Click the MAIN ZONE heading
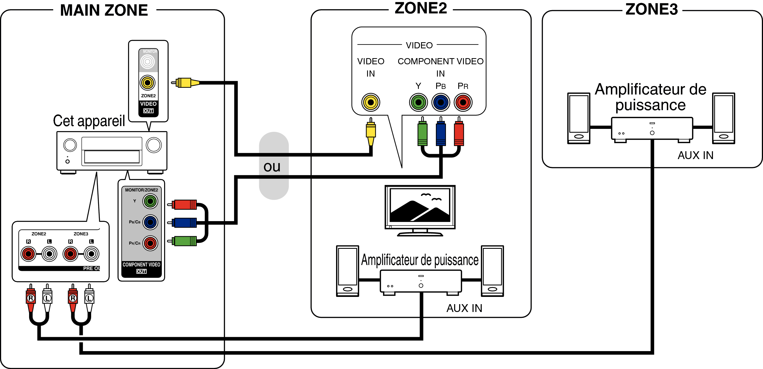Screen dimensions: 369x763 [x=104, y=10]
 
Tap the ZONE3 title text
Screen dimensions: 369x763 [x=651, y=9]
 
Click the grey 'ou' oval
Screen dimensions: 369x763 [x=273, y=166]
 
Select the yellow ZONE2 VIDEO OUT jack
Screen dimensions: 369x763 [x=148, y=83]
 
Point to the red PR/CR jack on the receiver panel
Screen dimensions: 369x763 [x=150, y=243]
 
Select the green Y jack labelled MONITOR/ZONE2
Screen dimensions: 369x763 [x=150, y=201]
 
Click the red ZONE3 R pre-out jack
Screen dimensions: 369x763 [x=70, y=254]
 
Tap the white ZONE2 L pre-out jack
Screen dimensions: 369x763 [x=49, y=254]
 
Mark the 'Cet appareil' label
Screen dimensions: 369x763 [x=89, y=121]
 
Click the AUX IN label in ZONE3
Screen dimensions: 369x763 [x=695, y=155]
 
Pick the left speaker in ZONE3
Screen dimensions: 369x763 [x=578, y=118]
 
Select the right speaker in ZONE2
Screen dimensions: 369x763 [x=492, y=271]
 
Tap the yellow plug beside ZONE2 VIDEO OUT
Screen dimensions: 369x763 [x=185, y=83]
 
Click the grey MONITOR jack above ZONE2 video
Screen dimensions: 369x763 [x=148, y=61]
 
